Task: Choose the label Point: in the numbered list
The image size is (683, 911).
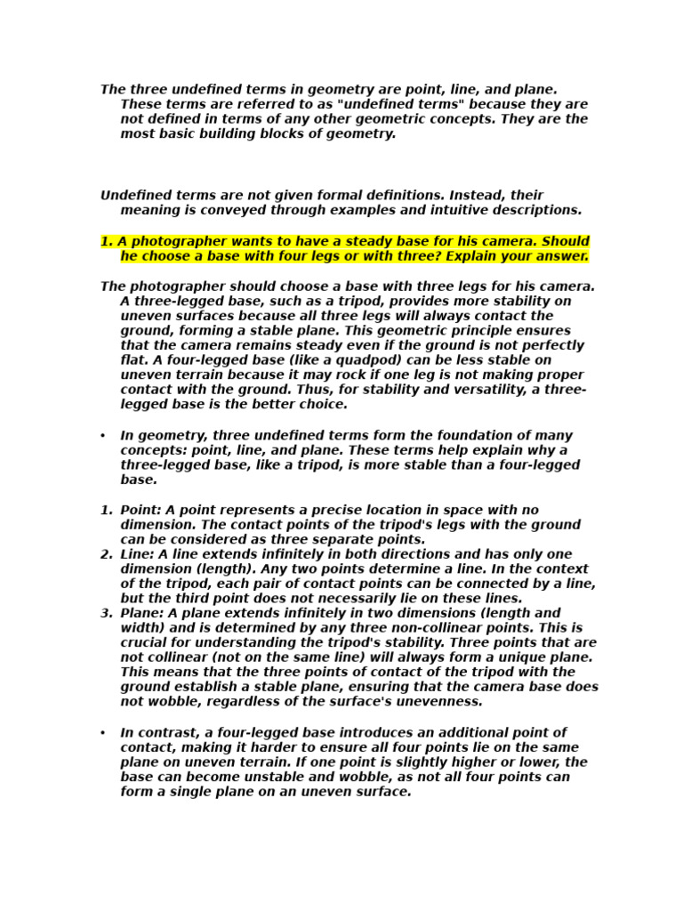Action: pyautogui.click(x=141, y=510)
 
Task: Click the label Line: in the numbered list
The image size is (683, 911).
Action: pyautogui.click(x=138, y=554)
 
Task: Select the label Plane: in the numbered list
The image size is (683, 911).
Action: pyautogui.click(x=143, y=613)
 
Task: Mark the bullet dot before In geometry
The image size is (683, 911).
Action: pyautogui.click(x=103, y=436)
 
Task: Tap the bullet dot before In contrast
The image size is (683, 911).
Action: pyautogui.click(x=103, y=733)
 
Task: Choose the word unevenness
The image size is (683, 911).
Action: pyautogui.click(x=436, y=701)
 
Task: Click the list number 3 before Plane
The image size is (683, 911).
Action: pyautogui.click(x=106, y=613)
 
